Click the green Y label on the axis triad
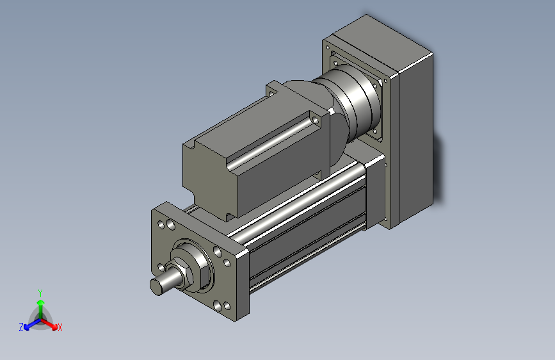(x=40, y=291)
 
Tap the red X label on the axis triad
(x=60, y=328)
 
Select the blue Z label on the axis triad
(x=21, y=327)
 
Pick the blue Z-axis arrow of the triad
(x=29, y=324)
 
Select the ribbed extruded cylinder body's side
(x=307, y=231)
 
